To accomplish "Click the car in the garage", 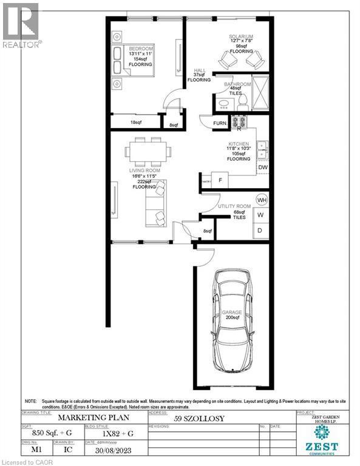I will coord(231,322).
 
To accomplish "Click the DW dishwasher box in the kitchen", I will coord(262,167).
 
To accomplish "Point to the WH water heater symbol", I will coord(262,200).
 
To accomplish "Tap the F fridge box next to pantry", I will coord(220,180).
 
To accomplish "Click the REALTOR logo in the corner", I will coord(21,25).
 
